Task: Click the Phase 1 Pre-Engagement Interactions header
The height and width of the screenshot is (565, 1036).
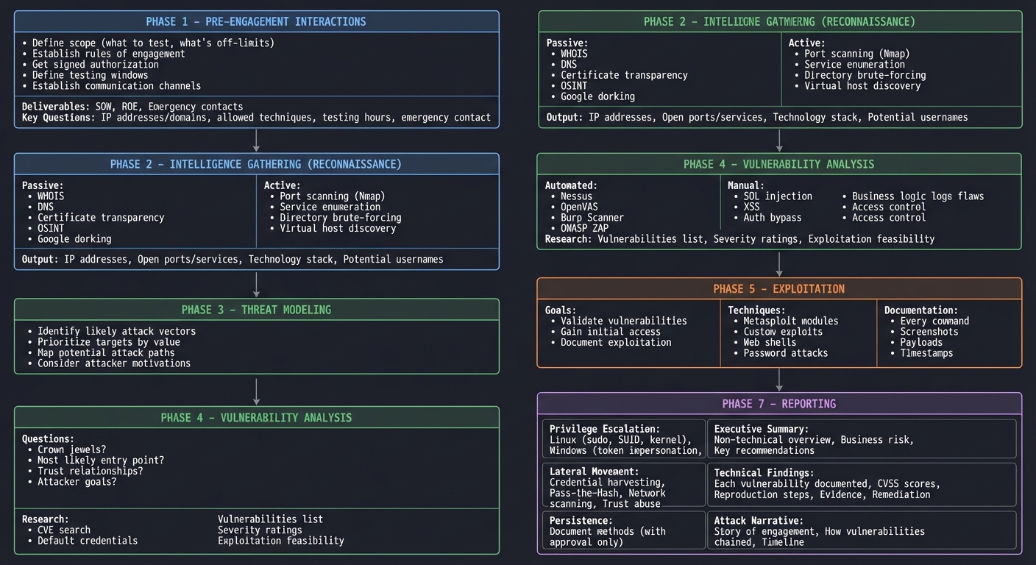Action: coord(256,21)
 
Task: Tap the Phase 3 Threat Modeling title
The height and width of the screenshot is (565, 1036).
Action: coord(256,310)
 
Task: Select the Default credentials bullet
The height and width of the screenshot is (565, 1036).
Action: coord(87,541)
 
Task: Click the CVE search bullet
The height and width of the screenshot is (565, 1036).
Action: coord(63,530)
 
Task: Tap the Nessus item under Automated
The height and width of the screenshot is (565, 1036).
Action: coord(576,196)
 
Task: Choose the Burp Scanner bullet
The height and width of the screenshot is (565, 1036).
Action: coord(592,218)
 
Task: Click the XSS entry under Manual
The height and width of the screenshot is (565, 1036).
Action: coord(751,207)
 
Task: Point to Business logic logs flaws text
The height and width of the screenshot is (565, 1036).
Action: coord(918,196)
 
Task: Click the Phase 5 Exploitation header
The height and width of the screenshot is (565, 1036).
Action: coord(778,289)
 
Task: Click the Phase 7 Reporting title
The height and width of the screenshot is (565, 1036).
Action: coord(778,404)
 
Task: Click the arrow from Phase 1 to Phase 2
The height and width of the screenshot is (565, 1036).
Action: coord(256,141)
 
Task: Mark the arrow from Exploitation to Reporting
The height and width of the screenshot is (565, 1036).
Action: coord(779,380)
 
